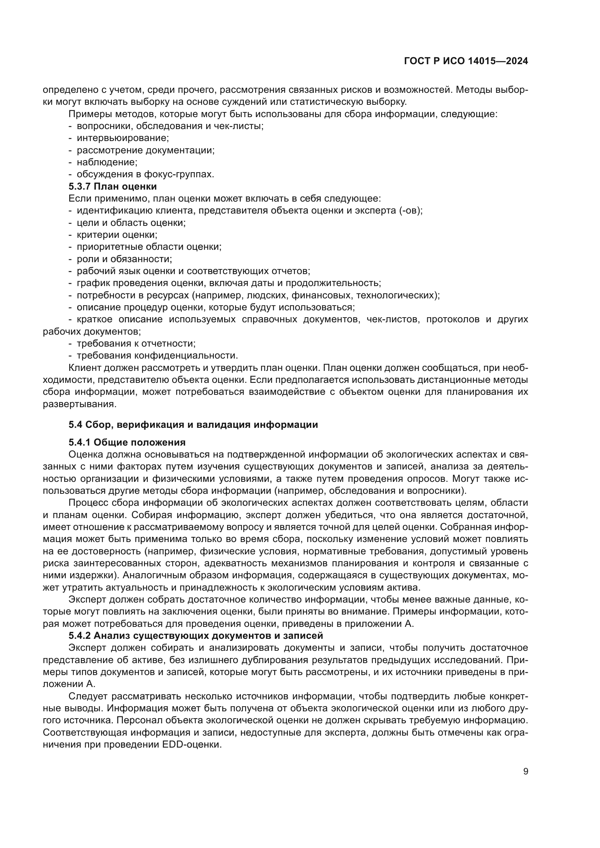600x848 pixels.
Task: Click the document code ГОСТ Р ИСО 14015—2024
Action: pos(466,61)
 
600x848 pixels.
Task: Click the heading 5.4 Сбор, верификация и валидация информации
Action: pos(193,425)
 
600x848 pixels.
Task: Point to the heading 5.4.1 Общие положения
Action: pos(127,442)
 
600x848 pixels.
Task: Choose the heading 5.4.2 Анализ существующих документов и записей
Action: pos(196,636)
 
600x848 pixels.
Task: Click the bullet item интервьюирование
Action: pos(122,138)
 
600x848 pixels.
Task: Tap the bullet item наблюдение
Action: pos(107,162)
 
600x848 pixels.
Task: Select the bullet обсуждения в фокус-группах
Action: pos(145,174)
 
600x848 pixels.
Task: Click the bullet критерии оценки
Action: pos(117,235)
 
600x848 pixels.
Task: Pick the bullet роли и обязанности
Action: pos(124,259)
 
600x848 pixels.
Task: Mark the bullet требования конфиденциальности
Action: pos(157,355)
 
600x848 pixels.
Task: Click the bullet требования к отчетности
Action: pos(136,343)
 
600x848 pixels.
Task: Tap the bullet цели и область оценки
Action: pos(131,223)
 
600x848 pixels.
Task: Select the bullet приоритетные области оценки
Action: pos(149,247)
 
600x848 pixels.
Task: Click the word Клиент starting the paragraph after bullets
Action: pos(85,368)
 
